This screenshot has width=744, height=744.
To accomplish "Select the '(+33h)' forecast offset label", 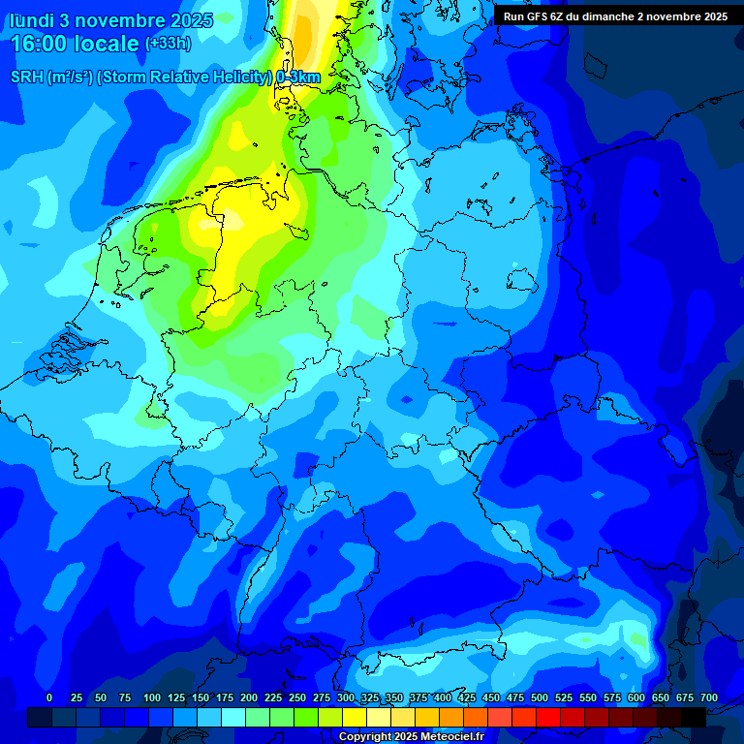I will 168,43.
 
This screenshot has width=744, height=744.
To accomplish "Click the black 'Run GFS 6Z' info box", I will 615,16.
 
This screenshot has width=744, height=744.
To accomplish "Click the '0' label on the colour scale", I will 49,697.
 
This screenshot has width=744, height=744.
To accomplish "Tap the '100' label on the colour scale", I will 152,697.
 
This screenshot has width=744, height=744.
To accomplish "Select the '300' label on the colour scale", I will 346,697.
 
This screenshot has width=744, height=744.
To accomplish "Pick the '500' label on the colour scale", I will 540,697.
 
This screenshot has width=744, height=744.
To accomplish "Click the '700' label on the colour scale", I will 709,697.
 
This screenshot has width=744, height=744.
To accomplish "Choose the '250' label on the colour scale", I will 297,697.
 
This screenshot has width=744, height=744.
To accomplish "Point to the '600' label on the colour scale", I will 636,697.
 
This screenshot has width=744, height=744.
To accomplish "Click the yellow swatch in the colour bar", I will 355,717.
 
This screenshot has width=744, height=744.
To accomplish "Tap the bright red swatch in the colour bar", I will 548,717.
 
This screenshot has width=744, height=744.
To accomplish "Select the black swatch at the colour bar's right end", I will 694,717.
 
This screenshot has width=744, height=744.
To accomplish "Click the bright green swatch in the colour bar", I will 306,717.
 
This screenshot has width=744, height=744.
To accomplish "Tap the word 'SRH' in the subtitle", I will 27,77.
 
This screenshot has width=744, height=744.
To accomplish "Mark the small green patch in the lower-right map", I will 636,639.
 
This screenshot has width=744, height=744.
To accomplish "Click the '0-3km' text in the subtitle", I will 297,77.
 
